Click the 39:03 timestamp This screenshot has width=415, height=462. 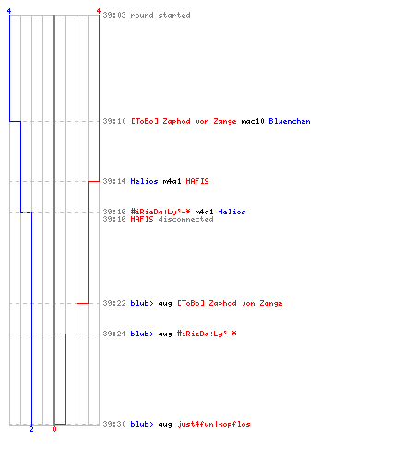pos(114,15)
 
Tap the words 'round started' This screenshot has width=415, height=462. pos(160,15)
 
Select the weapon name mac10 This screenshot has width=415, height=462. pos(253,121)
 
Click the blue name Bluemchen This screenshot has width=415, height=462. pos(290,121)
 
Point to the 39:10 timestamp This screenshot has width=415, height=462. pos(114,121)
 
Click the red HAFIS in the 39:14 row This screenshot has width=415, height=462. pos(197,181)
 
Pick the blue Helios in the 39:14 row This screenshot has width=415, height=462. pos(144,181)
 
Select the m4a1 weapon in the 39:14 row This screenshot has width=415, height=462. pos(172,181)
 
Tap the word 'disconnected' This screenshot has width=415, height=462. pos(185,219)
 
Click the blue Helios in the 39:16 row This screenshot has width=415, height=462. pos(231,212)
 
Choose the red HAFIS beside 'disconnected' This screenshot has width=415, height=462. pos(142,219)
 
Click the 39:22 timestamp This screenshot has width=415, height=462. pos(114,303)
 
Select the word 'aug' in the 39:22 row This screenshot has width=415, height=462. pos(165,304)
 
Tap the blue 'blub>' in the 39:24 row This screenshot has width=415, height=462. pos(142,334)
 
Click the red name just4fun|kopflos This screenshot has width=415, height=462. pos(214,424)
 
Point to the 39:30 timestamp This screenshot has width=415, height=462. pos(114,424)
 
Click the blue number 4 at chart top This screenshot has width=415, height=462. pos(9,11)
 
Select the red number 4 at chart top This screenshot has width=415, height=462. pos(99,11)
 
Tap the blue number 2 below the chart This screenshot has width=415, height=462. pos(31,429)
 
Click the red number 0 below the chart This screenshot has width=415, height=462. pos(54,429)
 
